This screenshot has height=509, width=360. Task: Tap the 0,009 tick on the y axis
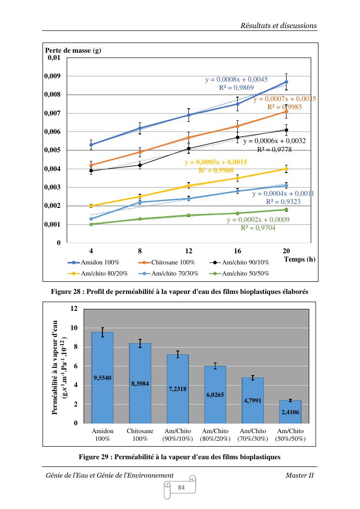tap(52, 76)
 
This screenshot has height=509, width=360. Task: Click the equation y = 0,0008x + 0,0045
tap(236, 79)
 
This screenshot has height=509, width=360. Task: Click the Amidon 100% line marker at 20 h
tap(287, 82)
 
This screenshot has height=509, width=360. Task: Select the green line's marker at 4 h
tap(91, 224)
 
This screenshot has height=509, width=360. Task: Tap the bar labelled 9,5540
tap(102, 377)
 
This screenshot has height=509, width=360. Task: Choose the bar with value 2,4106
tap(290, 411)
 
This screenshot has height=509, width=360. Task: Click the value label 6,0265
tap(215, 395)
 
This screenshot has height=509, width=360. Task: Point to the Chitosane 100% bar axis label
tap(140, 435)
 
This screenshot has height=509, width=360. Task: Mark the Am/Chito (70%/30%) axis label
tap(253, 435)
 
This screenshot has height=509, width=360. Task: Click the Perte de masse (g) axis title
tap(73, 50)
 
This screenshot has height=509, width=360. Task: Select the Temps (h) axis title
tap(300, 259)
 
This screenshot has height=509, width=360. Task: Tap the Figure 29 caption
tap(179, 456)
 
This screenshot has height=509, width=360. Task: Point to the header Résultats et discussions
tap(278, 25)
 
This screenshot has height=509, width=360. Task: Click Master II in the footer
tap(300, 475)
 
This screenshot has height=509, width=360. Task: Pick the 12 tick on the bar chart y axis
tap(74, 308)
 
